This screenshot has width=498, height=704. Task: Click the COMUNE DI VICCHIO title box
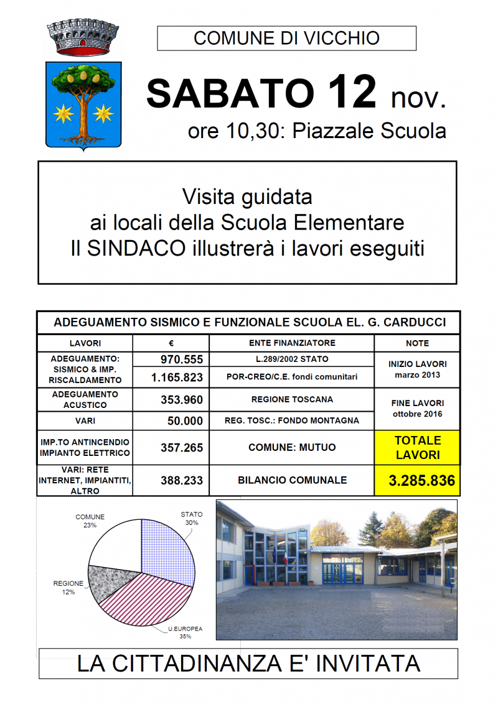(286, 38)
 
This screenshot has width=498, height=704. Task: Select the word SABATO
(230, 93)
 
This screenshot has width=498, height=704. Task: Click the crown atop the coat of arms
(83, 39)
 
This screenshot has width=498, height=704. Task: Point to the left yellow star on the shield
(63, 113)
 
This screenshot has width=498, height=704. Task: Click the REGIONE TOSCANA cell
(291, 399)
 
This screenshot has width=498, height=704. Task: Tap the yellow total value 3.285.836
(416, 481)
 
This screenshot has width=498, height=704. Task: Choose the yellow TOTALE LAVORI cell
(416, 447)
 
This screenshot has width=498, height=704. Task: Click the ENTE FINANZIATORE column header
(291, 343)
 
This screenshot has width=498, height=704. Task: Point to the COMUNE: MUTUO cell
(291, 447)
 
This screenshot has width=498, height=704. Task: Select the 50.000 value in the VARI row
(185, 421)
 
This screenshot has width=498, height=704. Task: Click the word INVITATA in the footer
(368, 664)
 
